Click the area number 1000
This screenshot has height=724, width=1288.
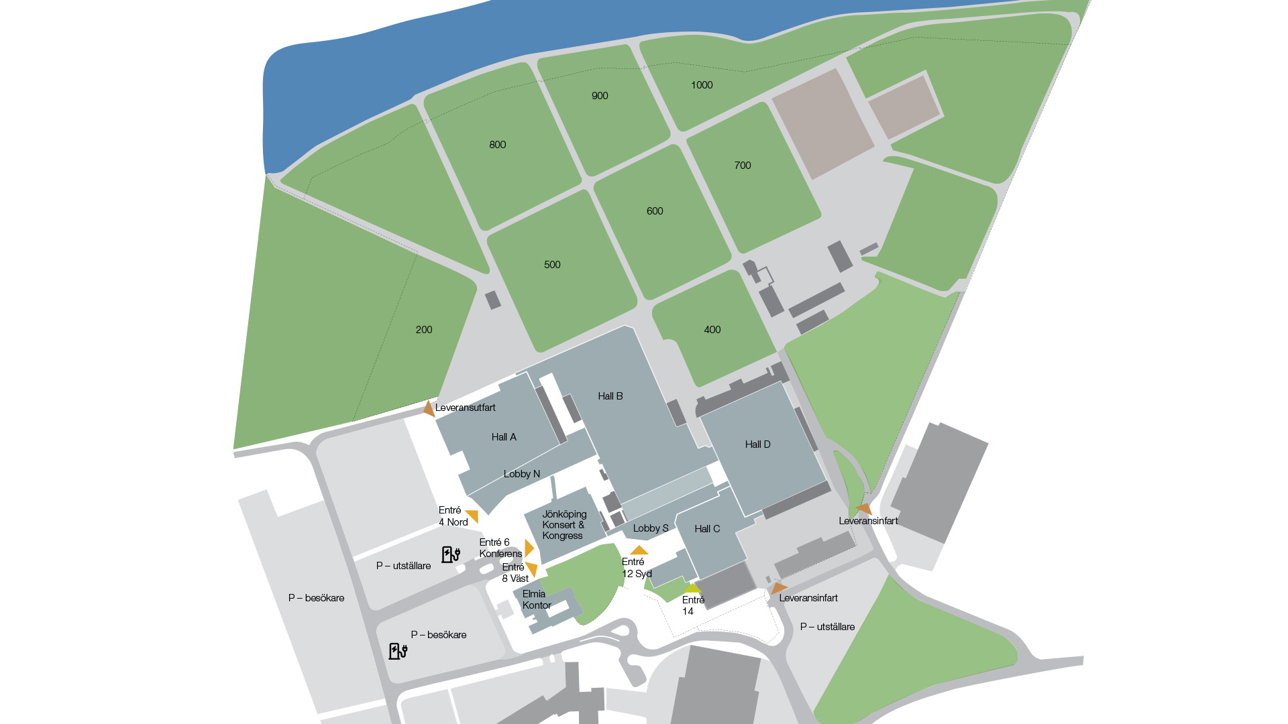pyautogui.click(x=702, y=85)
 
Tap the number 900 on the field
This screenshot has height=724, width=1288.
pyautogui.click(x=600, y=96)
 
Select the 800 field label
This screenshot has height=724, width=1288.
pyautogui.click(x=497, y=145)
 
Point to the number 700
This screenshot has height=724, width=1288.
pyautogui.click(x=742, y=166)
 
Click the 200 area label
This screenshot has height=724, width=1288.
pyautogui.click(x=423, y=330)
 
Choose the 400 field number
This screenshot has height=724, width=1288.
pyautogui.click(x=712, y=330)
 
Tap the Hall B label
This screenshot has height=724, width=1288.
pyautogui.click(x=610, y=396)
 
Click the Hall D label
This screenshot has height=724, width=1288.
pyautogui.click(x=757, y=444)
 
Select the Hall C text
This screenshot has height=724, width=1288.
pyautogui.click(x=707, y=529)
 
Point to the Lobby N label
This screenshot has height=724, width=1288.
pyautogui.click(x=521, y=474)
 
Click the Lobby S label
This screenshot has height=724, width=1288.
pyautogui.click(x=650, y=528)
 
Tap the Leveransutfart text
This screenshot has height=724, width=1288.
pyautogui.click(x=465, y=408)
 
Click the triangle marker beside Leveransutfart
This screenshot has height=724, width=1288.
pyautogui.click(x=428, y=408)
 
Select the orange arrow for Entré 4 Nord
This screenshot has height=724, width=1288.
pyautogui.click(x=472, y=516)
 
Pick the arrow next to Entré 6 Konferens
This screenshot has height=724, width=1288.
pyautogui.click(x=529, y=548)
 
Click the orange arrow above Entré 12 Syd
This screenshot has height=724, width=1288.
pyautogui.click(x=639, y=550)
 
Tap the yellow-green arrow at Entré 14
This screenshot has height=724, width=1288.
pyautogui.click(x=692, y=589)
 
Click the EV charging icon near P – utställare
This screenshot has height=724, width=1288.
pyautogui.click(x=450, y=554)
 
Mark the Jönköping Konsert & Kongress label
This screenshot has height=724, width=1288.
pyautogui.click(x=563, y=525)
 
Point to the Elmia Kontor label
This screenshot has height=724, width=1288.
pyautogui.click(x=536, y=599)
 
